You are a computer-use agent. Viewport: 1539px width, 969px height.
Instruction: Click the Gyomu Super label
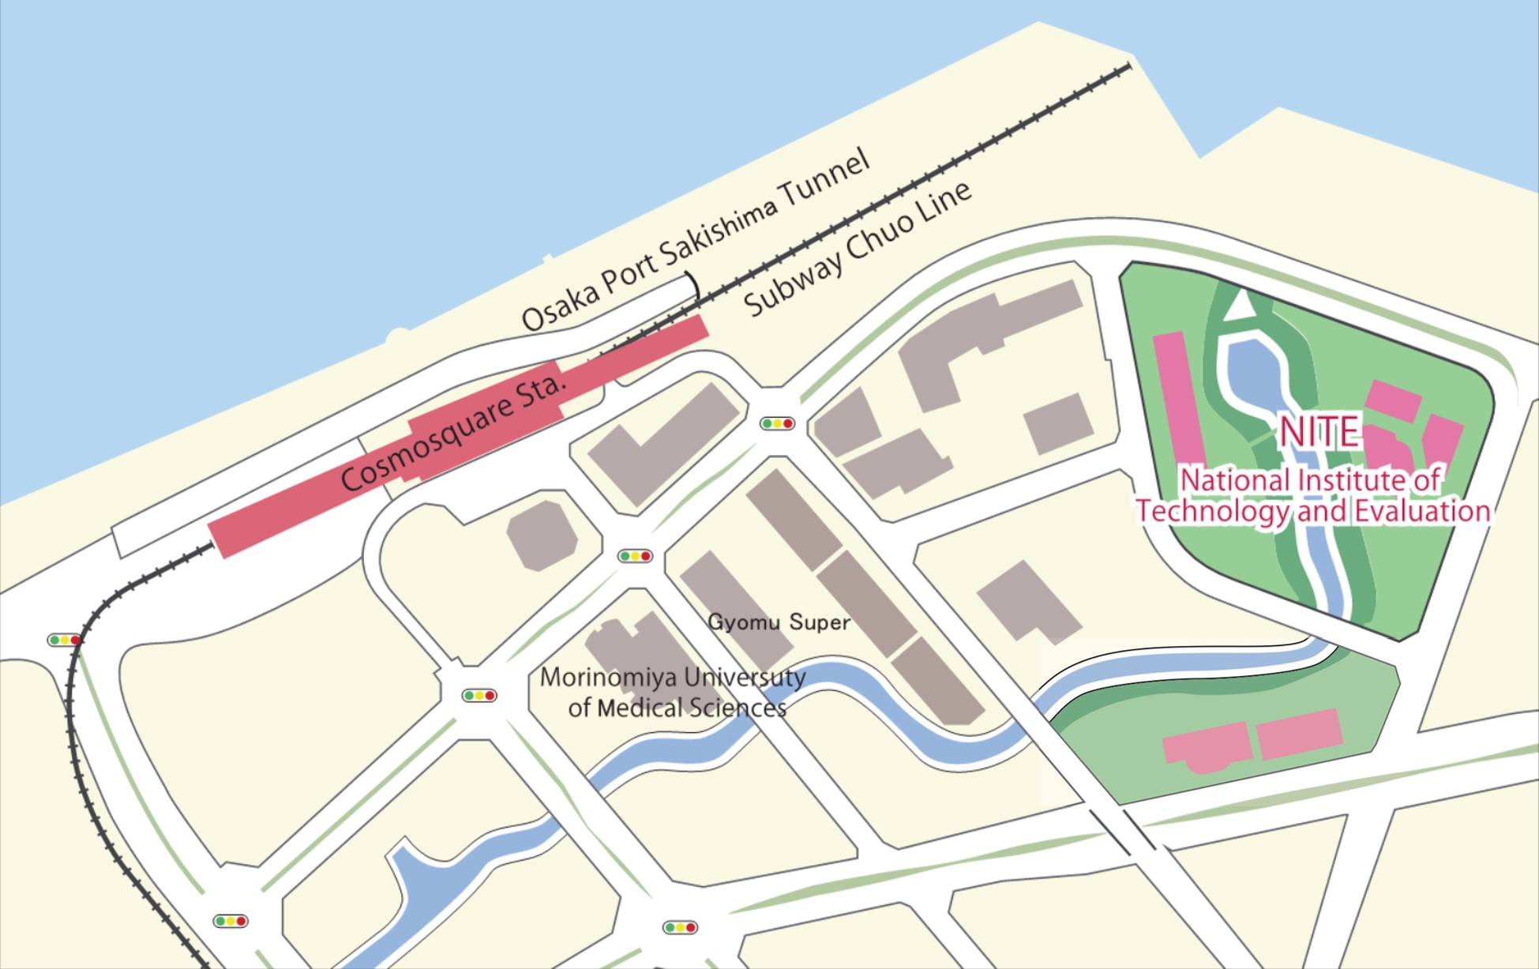[779, 622]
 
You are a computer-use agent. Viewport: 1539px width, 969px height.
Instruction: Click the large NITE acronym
[1319, 431]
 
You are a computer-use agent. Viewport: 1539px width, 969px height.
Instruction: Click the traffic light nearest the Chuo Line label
[777, 423]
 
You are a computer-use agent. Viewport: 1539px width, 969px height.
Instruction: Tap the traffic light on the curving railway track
[64, 640]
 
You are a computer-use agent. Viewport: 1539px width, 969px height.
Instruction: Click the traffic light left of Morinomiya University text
[479, 696]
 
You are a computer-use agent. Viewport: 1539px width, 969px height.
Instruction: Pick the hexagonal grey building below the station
[542, 535]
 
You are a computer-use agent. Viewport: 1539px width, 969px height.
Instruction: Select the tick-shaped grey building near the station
[663, 443]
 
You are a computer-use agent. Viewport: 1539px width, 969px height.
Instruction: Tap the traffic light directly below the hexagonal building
[635, 556]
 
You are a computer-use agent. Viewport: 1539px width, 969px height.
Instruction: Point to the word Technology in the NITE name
[1212, 512]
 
